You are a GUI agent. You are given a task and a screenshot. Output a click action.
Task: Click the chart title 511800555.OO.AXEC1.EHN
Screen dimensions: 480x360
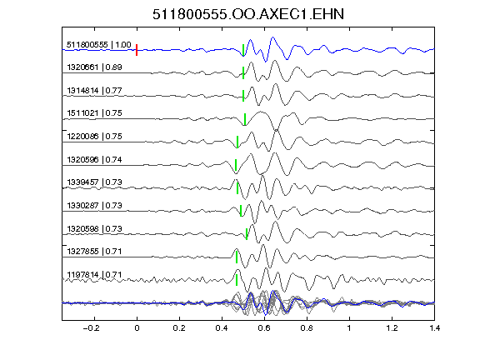pos(248,14)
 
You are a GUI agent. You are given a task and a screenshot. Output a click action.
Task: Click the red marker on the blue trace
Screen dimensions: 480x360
pos(137,50)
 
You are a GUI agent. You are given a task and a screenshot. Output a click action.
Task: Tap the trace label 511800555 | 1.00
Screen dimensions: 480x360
pos(99,45)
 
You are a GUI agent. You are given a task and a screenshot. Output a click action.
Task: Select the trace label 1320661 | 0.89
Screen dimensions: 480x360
pos(94,67)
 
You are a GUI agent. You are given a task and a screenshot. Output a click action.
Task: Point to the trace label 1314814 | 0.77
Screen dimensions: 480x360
pos(94,91)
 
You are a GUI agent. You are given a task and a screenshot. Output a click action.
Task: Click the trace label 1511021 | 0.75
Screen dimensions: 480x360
pos(94,113)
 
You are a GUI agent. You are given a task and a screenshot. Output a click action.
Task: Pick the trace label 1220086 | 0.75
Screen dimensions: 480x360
pos(94,136)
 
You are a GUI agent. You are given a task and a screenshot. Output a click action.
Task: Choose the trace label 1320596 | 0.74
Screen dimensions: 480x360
pos(94,159)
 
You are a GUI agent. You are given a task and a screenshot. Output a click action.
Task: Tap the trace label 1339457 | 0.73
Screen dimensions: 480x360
pos(94,182)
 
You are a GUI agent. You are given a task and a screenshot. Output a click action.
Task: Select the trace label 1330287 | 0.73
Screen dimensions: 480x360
pos(94,205)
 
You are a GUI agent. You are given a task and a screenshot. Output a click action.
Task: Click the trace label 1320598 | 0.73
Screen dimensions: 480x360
pos(94,228)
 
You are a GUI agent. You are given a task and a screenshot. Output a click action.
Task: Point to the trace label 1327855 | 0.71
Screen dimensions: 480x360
pos(94,252)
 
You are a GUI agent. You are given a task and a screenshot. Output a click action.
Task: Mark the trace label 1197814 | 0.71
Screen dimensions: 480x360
pos(94,275)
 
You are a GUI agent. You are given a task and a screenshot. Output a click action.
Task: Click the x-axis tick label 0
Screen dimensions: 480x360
pos(137,328)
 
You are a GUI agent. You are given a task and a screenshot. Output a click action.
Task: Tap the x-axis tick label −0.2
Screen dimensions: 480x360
pos(91,328)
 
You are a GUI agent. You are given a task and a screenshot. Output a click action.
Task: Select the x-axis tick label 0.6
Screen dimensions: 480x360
pos(264,328)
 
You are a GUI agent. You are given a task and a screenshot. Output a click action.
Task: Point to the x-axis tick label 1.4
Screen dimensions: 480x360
pos(434,328)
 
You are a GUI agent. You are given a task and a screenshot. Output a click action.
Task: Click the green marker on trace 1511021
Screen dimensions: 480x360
pos(245,119)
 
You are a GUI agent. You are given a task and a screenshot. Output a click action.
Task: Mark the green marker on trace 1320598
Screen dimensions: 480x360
pos(247,234)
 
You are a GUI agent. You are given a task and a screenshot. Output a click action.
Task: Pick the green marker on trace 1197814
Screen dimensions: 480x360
pos(237,280)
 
